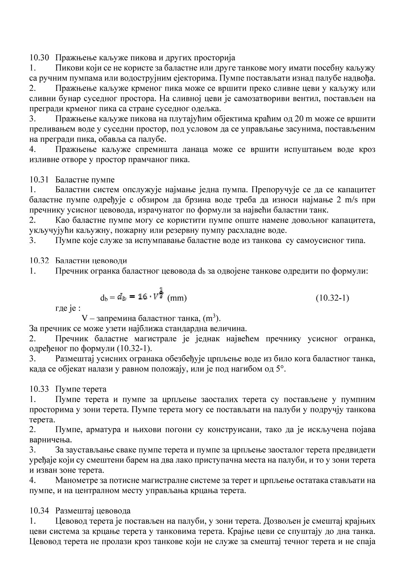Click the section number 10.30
[39, 58]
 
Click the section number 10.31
[39, 179]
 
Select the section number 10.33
[39, 389]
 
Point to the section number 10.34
[39, 511]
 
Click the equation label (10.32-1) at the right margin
[332, 298]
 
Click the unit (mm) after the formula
[177, 298]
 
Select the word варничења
[48, 440]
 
